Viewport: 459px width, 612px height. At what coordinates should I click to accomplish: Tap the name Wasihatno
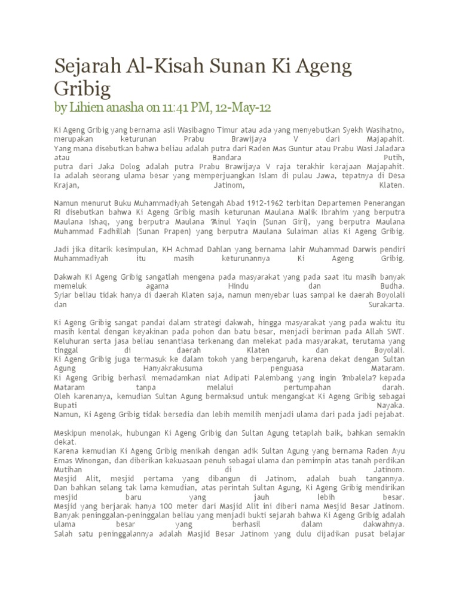point(380,130)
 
